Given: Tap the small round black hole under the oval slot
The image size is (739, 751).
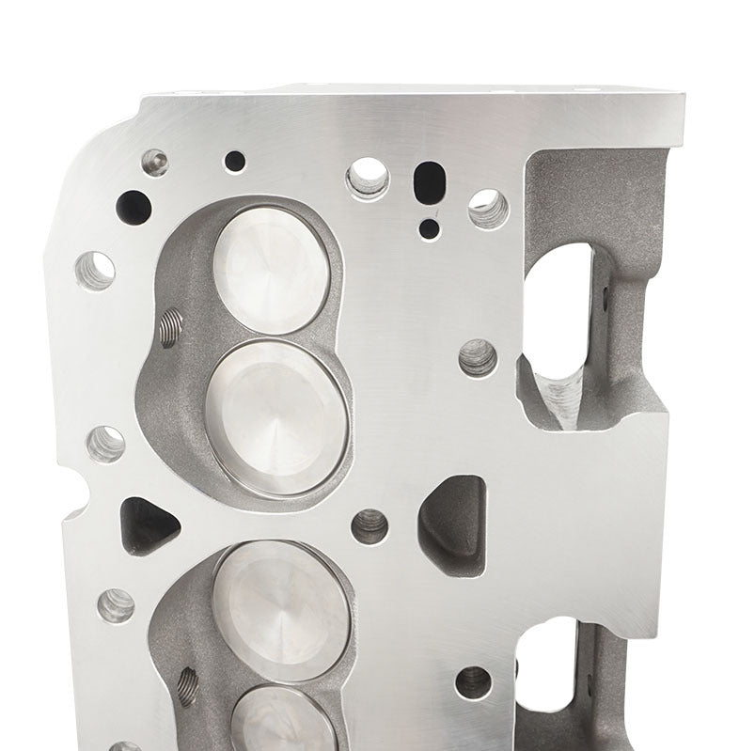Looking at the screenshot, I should (x=429, y=227).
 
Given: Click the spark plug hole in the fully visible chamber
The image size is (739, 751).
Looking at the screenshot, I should (x=170, y=327).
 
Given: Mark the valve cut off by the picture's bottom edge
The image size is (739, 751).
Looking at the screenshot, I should (x=284, y=722).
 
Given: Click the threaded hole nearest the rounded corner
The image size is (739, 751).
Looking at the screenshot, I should (x=155, y=163).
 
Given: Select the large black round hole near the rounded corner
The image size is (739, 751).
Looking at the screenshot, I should (x=133, y=206).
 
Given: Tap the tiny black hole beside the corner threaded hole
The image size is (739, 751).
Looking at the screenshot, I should (x=235, y=161).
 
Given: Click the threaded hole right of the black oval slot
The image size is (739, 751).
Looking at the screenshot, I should (x=488, y=208).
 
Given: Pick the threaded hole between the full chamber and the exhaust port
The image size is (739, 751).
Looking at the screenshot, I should (x=478, y=357).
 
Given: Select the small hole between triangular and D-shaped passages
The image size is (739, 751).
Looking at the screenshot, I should (x=369, y=526).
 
